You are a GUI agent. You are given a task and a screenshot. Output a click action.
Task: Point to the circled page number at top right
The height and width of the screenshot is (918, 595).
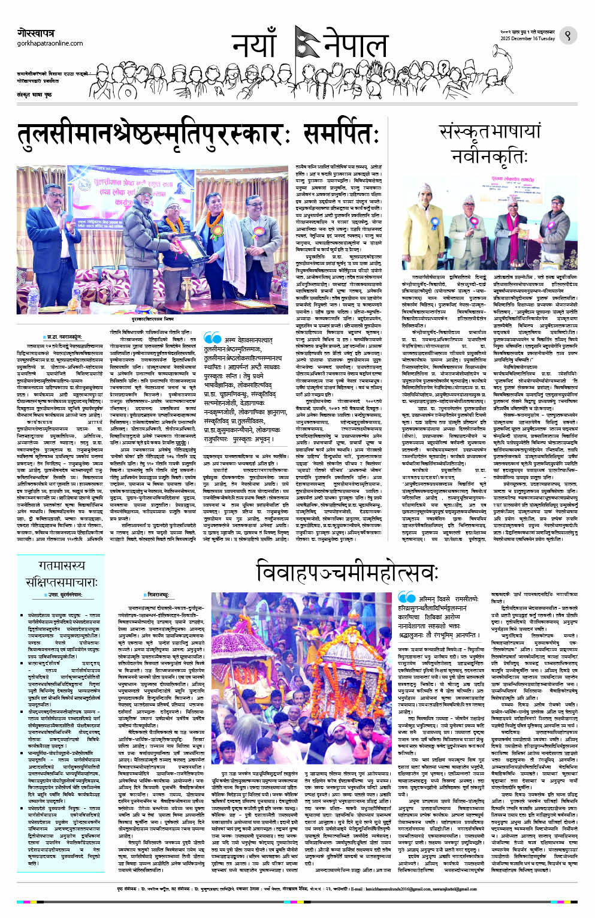[x=567, y=36]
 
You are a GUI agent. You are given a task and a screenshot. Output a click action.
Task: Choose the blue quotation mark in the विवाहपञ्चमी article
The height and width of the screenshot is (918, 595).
[x=406, y=598]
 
